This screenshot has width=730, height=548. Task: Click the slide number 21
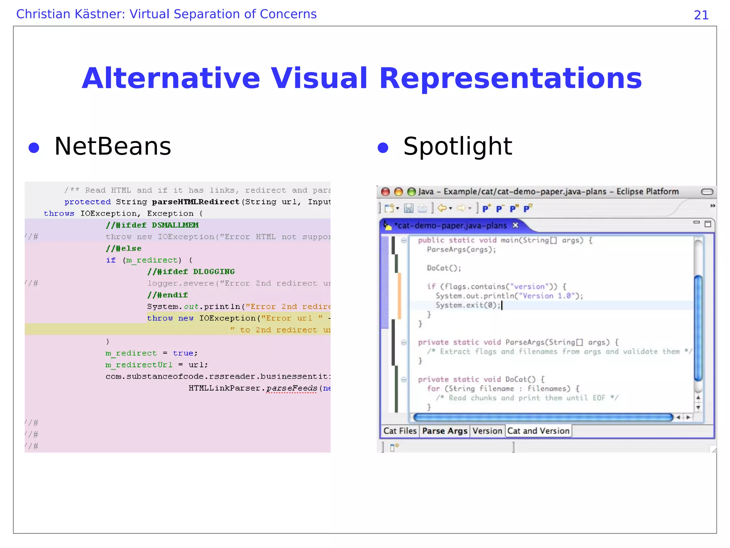coord(701,15)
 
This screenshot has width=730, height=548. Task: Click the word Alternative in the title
coord(171,78)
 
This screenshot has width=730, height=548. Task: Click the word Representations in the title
coord(510,78)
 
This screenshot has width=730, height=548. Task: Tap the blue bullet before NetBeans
coord(34,148)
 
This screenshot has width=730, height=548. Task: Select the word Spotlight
coord(457,146)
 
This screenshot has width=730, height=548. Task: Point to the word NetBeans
coord(113,146)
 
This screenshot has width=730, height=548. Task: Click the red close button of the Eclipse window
coord(385,192)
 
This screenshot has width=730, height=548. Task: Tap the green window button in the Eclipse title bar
coord(411,192)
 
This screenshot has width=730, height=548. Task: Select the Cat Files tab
coord(400,431)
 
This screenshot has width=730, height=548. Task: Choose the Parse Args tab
coord(444,431)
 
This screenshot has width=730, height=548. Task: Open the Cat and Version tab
coord(538,431)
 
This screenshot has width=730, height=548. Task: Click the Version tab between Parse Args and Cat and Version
coord(487,431)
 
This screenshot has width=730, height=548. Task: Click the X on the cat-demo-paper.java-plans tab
coord(515,225)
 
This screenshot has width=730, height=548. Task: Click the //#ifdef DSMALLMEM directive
coord(152,225)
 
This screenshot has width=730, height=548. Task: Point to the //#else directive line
coord(124,249)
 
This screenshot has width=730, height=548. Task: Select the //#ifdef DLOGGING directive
coord(191,272)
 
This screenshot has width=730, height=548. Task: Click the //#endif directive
coord(168,295)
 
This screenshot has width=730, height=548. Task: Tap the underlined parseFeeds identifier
coord(292,388)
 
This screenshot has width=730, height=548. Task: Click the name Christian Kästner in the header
coord(70,14)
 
